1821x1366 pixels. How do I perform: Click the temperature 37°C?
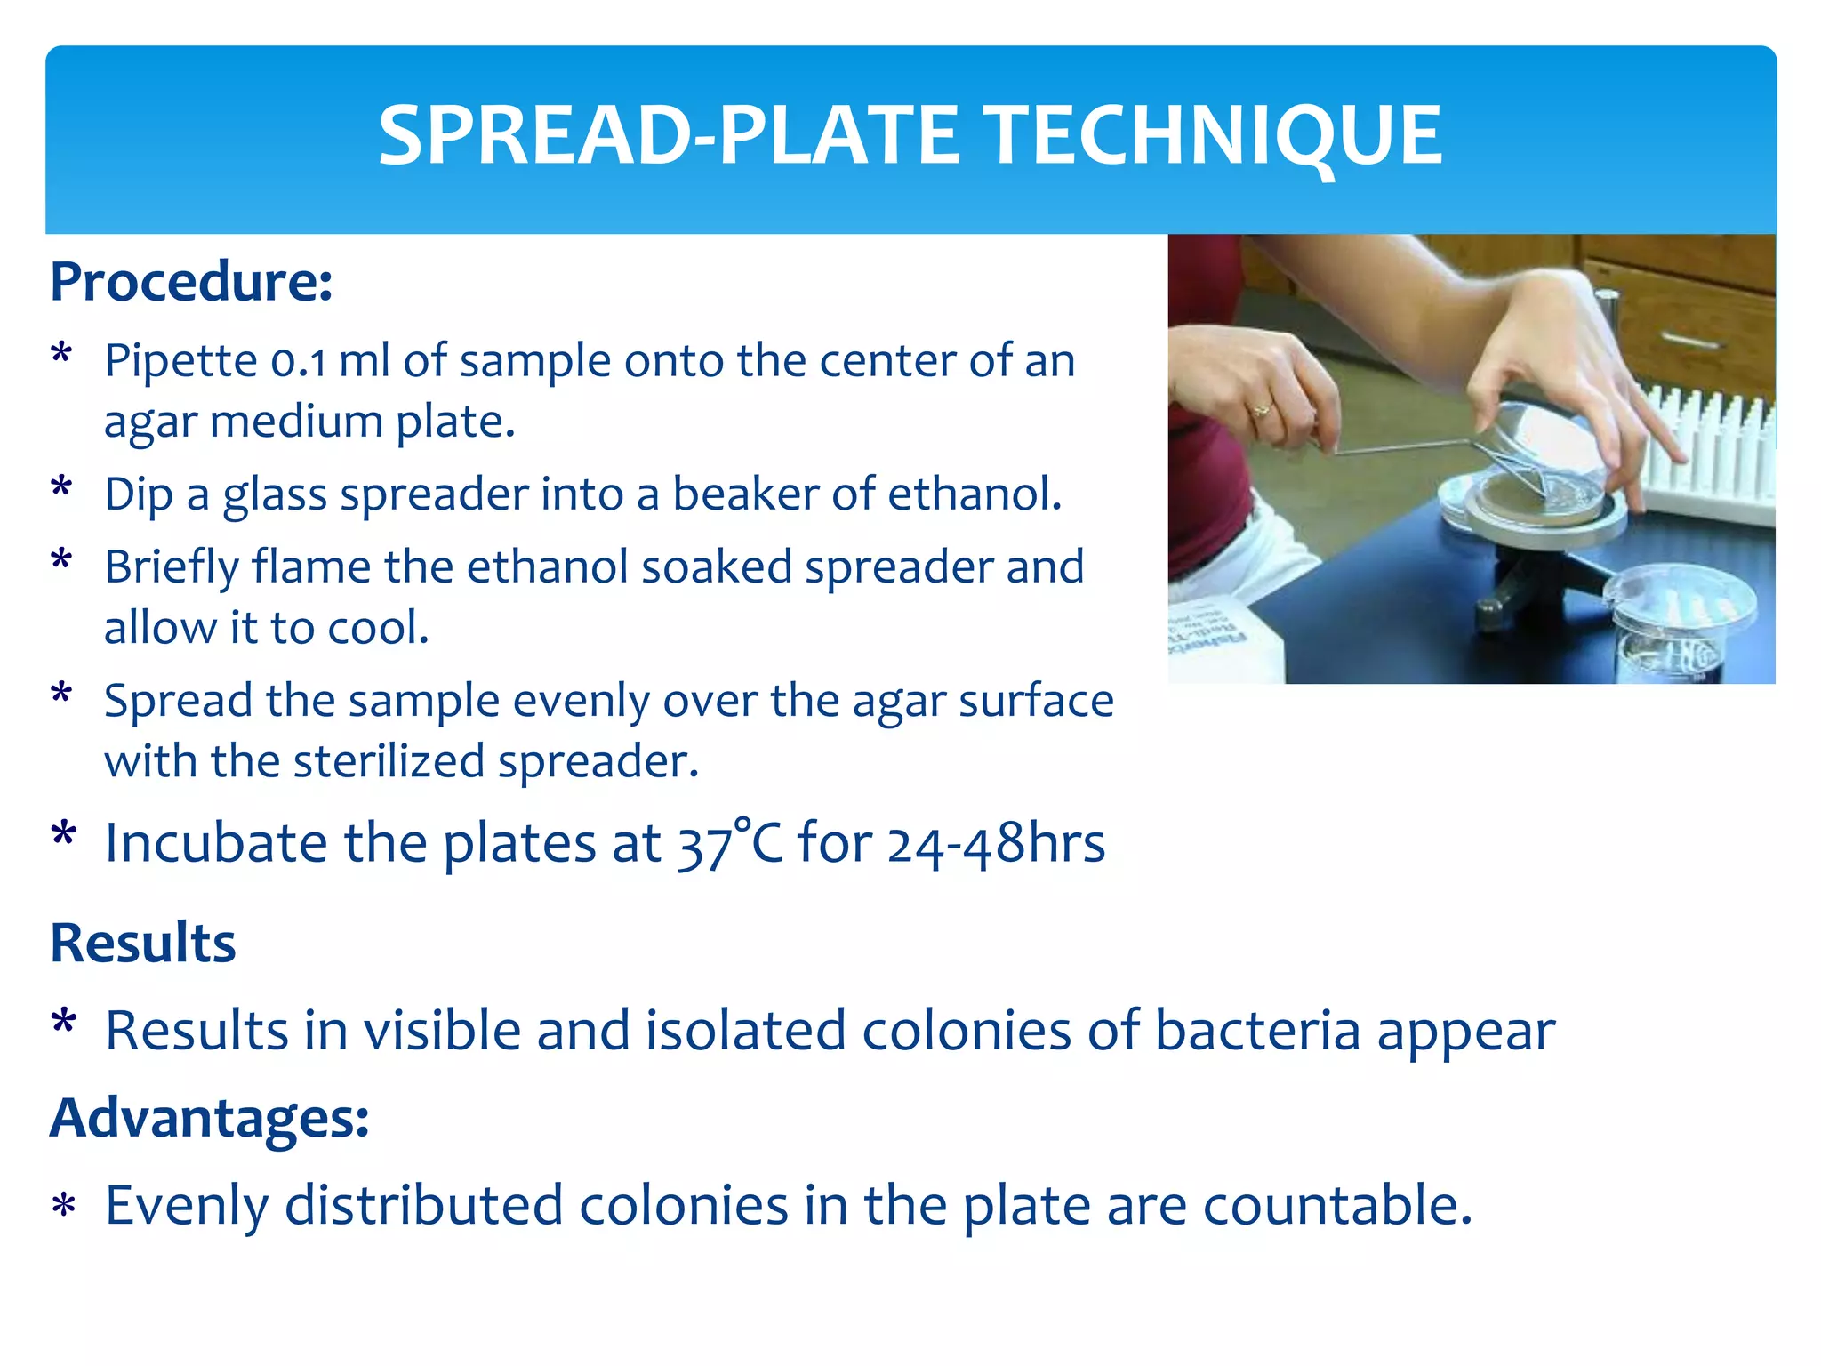coord(729,843)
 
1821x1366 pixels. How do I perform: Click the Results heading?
coord(143,943)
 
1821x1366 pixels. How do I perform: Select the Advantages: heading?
coord(209,1117)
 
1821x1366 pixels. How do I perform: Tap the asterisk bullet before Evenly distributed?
coord(63,1208)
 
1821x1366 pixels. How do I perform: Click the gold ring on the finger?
coord(1261,409)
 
